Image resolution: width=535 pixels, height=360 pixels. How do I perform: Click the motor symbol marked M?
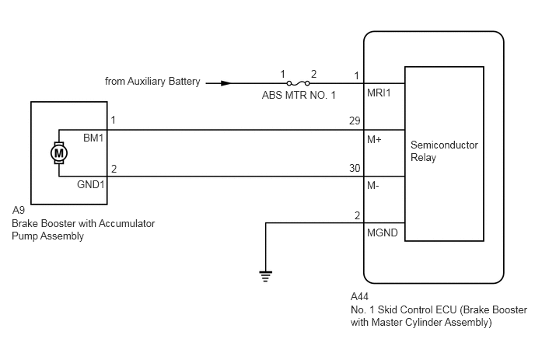point(59,153)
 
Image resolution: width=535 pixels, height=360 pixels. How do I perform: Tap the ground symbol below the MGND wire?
point(265,276)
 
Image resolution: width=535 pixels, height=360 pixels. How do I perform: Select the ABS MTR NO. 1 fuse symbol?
point(298,83)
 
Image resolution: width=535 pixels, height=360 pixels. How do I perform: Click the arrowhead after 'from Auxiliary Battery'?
point(226,83)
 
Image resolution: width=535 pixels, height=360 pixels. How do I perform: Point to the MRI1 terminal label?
point(379,93)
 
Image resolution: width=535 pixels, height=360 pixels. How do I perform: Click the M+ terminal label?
point(374,139)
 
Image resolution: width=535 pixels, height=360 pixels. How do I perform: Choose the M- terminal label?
point(373,186)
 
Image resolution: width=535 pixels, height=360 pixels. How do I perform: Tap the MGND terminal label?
point(382,232)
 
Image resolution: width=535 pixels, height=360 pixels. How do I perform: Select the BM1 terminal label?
point(93,138)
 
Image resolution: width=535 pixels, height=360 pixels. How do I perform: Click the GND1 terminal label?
point(90,184)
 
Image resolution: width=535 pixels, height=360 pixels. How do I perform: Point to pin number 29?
point(355,121)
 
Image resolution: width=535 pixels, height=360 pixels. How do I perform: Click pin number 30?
point(355,168)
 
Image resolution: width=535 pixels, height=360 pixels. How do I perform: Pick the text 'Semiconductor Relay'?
point(444,151)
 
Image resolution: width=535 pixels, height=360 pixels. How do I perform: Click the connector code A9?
point(19,210)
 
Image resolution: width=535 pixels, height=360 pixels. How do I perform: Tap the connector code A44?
point(359,296)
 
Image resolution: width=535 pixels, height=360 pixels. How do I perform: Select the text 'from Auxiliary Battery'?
point(152,81)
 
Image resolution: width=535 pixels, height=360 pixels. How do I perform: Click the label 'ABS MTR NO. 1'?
point(299,95)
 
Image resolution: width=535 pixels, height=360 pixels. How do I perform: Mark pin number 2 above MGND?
point(357,215)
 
